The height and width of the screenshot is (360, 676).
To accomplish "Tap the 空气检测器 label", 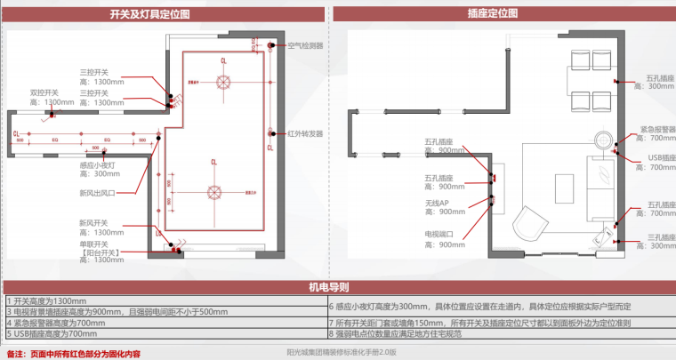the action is (305, 44).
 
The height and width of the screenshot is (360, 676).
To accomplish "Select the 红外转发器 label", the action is (305, 134).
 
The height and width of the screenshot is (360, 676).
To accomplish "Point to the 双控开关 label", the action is (44, 92).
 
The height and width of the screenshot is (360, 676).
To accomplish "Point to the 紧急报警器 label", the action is (656, 129).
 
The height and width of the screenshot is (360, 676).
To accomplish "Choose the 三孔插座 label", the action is (656, 237).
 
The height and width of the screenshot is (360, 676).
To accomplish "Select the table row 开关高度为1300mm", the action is (49, 301).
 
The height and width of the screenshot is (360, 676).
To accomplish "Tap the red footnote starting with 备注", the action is (73, 353).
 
